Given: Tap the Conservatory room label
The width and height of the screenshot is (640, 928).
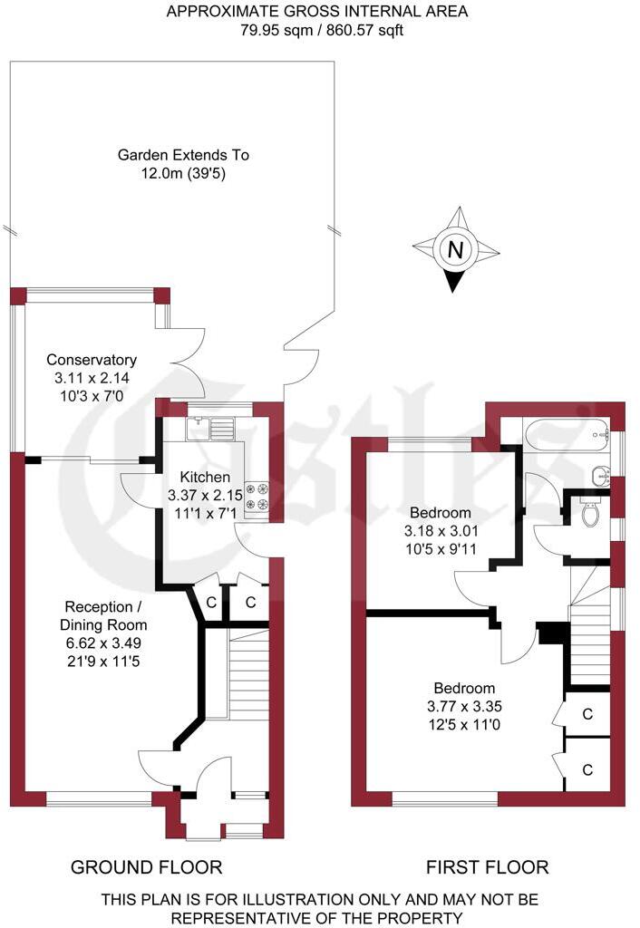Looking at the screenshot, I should [x=92, y=360].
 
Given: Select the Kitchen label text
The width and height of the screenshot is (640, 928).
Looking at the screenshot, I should [x=205, y=478].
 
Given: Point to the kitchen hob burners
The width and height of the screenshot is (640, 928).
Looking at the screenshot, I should [x=257, y=496].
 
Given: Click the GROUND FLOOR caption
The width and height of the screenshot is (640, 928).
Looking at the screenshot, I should [x=146, y=867].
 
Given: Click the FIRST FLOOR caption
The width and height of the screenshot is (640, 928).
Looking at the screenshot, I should [x=488, y=867].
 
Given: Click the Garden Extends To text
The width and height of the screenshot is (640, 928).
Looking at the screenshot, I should [x=183, y=155].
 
